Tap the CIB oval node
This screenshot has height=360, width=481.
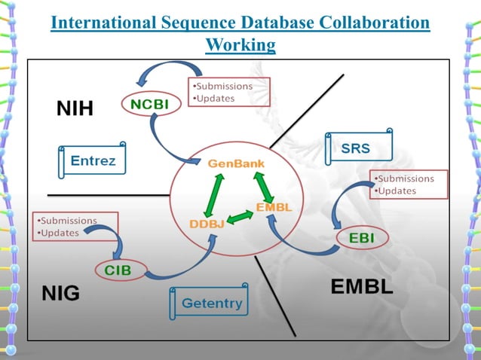119,270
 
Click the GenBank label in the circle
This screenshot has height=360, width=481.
236,163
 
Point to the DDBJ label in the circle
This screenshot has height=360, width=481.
207,223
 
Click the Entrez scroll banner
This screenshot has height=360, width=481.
93,160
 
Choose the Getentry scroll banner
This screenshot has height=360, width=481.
212,304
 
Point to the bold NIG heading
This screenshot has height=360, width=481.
60,293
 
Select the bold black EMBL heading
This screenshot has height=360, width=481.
362,288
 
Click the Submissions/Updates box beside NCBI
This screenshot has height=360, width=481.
228,93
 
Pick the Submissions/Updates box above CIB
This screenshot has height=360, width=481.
75,227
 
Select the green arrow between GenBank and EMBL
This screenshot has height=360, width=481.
265,185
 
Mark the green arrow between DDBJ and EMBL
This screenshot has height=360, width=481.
240,218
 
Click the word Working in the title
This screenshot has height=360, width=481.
240,46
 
